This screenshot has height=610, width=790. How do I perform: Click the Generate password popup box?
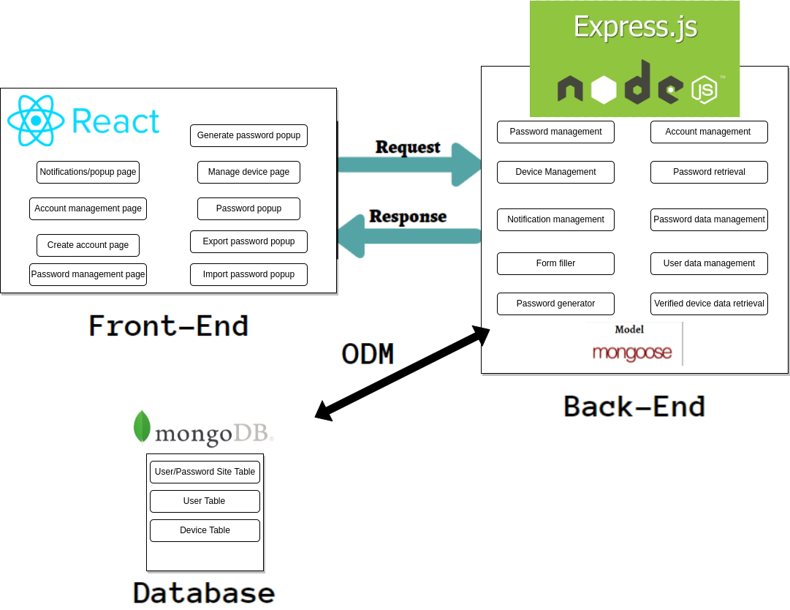coord(248,135)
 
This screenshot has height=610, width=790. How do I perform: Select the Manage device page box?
coord(248,172)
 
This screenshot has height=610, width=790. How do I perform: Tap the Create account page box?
coord(88,245)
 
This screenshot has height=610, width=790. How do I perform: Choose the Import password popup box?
coord(248,274)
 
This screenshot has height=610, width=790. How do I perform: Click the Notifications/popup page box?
coord(88,172)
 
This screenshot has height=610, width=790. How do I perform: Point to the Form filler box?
coord(555,263)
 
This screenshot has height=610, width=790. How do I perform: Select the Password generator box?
coord(555,304)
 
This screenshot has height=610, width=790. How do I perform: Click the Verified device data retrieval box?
coord(709,304)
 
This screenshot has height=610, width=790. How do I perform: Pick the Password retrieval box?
coord(709,172)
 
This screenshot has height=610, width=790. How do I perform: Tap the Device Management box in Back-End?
coord(555,172)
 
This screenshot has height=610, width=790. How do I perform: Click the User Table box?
coord(205,501)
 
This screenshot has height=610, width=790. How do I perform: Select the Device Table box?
coord(205,530)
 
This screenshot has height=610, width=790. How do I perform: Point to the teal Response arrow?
coord(409,236)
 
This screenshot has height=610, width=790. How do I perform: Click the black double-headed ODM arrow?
coord(402,373)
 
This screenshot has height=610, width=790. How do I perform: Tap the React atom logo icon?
coord(31,121)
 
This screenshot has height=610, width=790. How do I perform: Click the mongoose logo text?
coord(632,353)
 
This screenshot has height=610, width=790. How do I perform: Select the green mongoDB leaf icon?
coord(142,426)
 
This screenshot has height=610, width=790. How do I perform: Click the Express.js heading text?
coord(634,27)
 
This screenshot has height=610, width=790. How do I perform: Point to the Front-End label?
coord(169,325)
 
